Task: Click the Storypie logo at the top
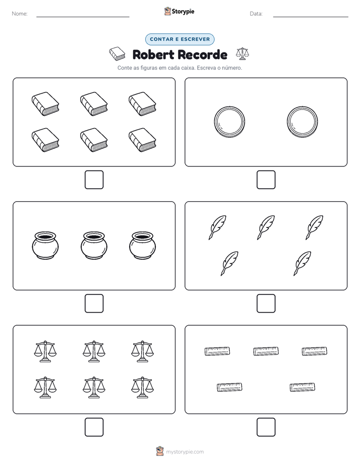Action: pyautogui.click(x=179, y=11)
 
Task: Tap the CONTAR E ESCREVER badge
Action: pyautogui.click(x=179, y=39)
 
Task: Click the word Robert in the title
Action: pyautogui.click(x=153, y=54)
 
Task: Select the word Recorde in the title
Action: pyautogui.click(x=203, y=54)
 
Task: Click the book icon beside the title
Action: pyautogui.click(x=117, y=53)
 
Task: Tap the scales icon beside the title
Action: pyautogui.click(x=243, y=53)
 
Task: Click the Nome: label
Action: pyautogui.click(x=20, y=14)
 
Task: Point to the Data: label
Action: pyautogui.click(x=256, y=14)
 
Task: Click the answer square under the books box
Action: pyautogui.click(x=94, y=180)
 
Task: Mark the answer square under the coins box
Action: pyautogui.click(x=266, y=180)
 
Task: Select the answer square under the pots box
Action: pyautogui.click(x=94, y=304)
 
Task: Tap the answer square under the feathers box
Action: pyautogui.click(x=266, y=304)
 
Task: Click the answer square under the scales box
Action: pyautogui.click(x=94, y=427)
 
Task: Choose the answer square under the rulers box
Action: pyautogui.click(x=266, y=427)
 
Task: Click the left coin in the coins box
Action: pyautogui.click(x=229, y=122)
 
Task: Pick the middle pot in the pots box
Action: pyautogui.click(x=94, y=246)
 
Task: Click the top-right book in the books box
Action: pyautogui.click(x=142, y=104)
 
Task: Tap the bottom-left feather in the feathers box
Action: pyautogui.click(x=229, y=263)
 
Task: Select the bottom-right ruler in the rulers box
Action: pyautogui.click(x=303, y=387)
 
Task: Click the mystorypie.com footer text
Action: pyautogui.click(x=185, y=452)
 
